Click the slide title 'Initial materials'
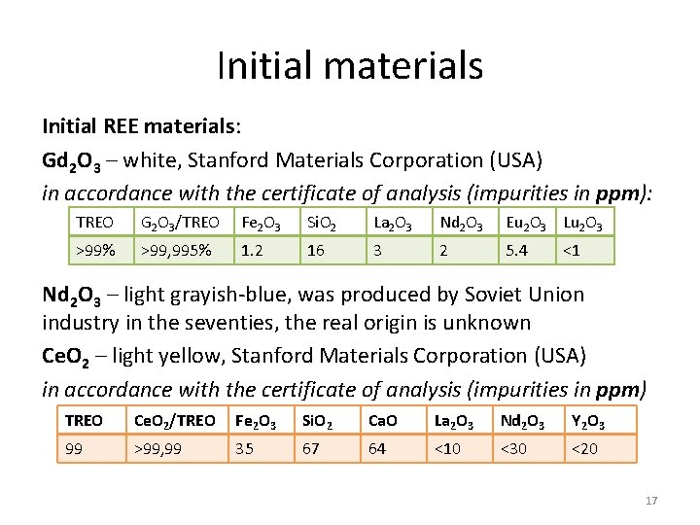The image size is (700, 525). (349, 66)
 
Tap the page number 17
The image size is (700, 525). (651, 501)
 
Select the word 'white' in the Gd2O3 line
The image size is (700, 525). (147, 159)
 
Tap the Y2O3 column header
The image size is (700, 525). (586, 421)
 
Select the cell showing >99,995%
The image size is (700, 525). (177, 251)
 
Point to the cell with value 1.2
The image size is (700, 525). (252, 251)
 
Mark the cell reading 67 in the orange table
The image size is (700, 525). (311, 449)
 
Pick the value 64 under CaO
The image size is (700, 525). (378, 449)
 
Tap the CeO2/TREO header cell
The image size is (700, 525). (175, 421)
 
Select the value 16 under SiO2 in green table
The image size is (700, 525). (315, 251)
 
